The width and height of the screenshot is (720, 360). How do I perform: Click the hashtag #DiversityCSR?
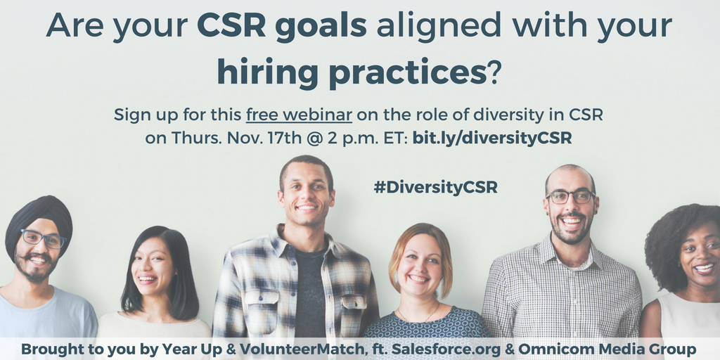tap(435, 187)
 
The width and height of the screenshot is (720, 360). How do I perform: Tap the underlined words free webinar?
tap(299, 115)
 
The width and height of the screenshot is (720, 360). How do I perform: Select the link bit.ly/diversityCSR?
tap(492, 139)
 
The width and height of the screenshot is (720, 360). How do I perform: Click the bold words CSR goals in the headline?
tap(281, 26)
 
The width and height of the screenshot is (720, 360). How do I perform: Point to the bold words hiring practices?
tap(352, 73)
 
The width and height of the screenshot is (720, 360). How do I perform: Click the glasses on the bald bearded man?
tap(570, 197)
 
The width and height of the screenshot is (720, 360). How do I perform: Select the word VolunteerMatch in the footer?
tap(301, 349)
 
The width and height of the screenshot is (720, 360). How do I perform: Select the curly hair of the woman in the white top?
tap(675, 239)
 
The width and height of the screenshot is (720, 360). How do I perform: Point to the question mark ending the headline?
tap(493, 73)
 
